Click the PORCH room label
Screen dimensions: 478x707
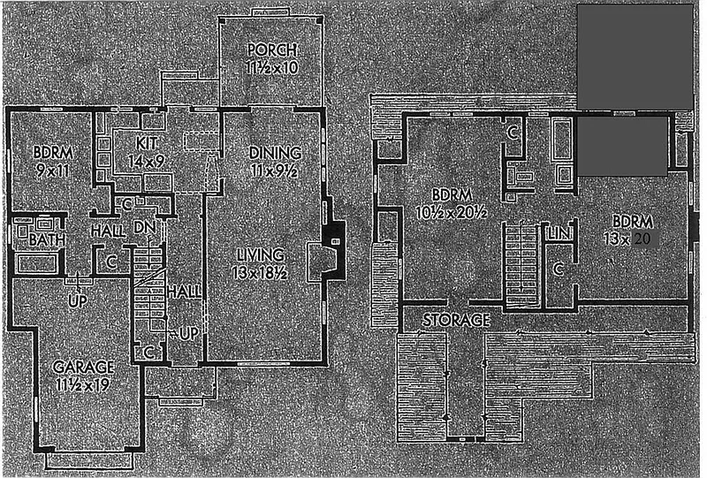point(271,48)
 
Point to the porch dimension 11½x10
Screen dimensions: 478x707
point(271,66)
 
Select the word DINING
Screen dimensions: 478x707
point(275,152)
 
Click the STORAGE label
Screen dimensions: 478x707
point(456,320)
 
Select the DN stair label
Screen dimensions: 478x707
point(144,228)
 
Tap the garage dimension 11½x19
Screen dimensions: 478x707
point(80,384)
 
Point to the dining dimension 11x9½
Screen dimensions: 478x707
point(275,171)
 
